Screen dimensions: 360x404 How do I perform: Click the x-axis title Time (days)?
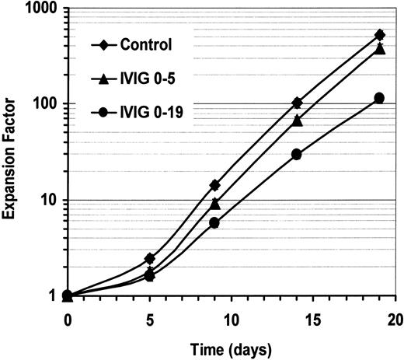tap(231, 345)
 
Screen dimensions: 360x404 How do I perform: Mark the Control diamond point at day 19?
tap(379, 35)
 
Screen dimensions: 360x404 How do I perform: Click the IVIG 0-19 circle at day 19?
tap(379, 98)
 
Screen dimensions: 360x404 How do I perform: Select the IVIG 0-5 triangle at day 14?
tap(297, 120)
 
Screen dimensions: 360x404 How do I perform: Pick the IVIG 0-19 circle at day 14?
tap(297, 154)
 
